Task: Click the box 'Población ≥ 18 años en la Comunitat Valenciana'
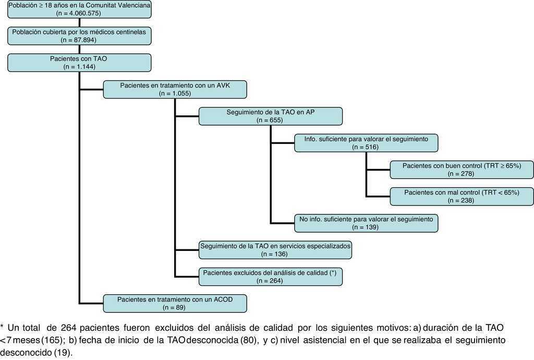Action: (x=78, y=9)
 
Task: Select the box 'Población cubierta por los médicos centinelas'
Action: (x=78, y=35)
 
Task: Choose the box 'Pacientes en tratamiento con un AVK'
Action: (x=175, y=89)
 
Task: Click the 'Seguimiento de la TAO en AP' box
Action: (x=270, y=116)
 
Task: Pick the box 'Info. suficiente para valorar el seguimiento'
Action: (x=366, y=143)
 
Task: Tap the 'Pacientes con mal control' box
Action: (x=462, y=196)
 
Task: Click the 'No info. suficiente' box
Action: (x=366, y=223)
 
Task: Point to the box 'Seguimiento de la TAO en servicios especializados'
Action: (x=275, y=250)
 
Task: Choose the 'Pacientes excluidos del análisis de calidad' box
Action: (x=270, y=277)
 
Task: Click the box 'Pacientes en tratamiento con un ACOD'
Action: (x=175, y=303)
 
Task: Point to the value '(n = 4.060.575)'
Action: (x=78, y=13)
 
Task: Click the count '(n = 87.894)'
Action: (x=78, y=40)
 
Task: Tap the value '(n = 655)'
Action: (x=270, y=120)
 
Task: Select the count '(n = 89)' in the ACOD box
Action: (x=175, y=307)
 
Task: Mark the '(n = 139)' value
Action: (x=366, y=227)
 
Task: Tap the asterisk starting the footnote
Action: (x=3, y=327)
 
